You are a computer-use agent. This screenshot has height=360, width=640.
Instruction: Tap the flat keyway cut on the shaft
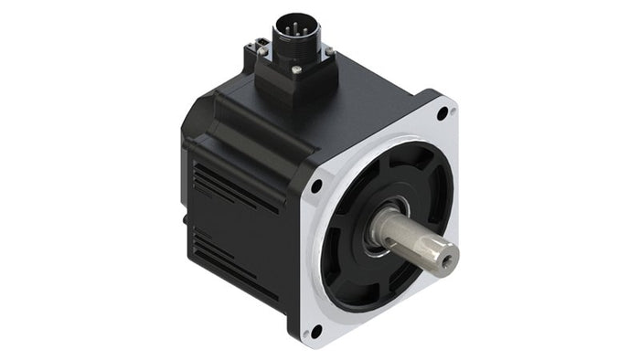[417, 239]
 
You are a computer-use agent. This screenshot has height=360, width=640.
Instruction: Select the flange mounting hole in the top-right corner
[443, 114]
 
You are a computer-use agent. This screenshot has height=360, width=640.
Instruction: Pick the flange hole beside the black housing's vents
[316, 186]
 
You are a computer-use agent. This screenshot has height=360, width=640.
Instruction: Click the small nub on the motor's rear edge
[187, 219]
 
